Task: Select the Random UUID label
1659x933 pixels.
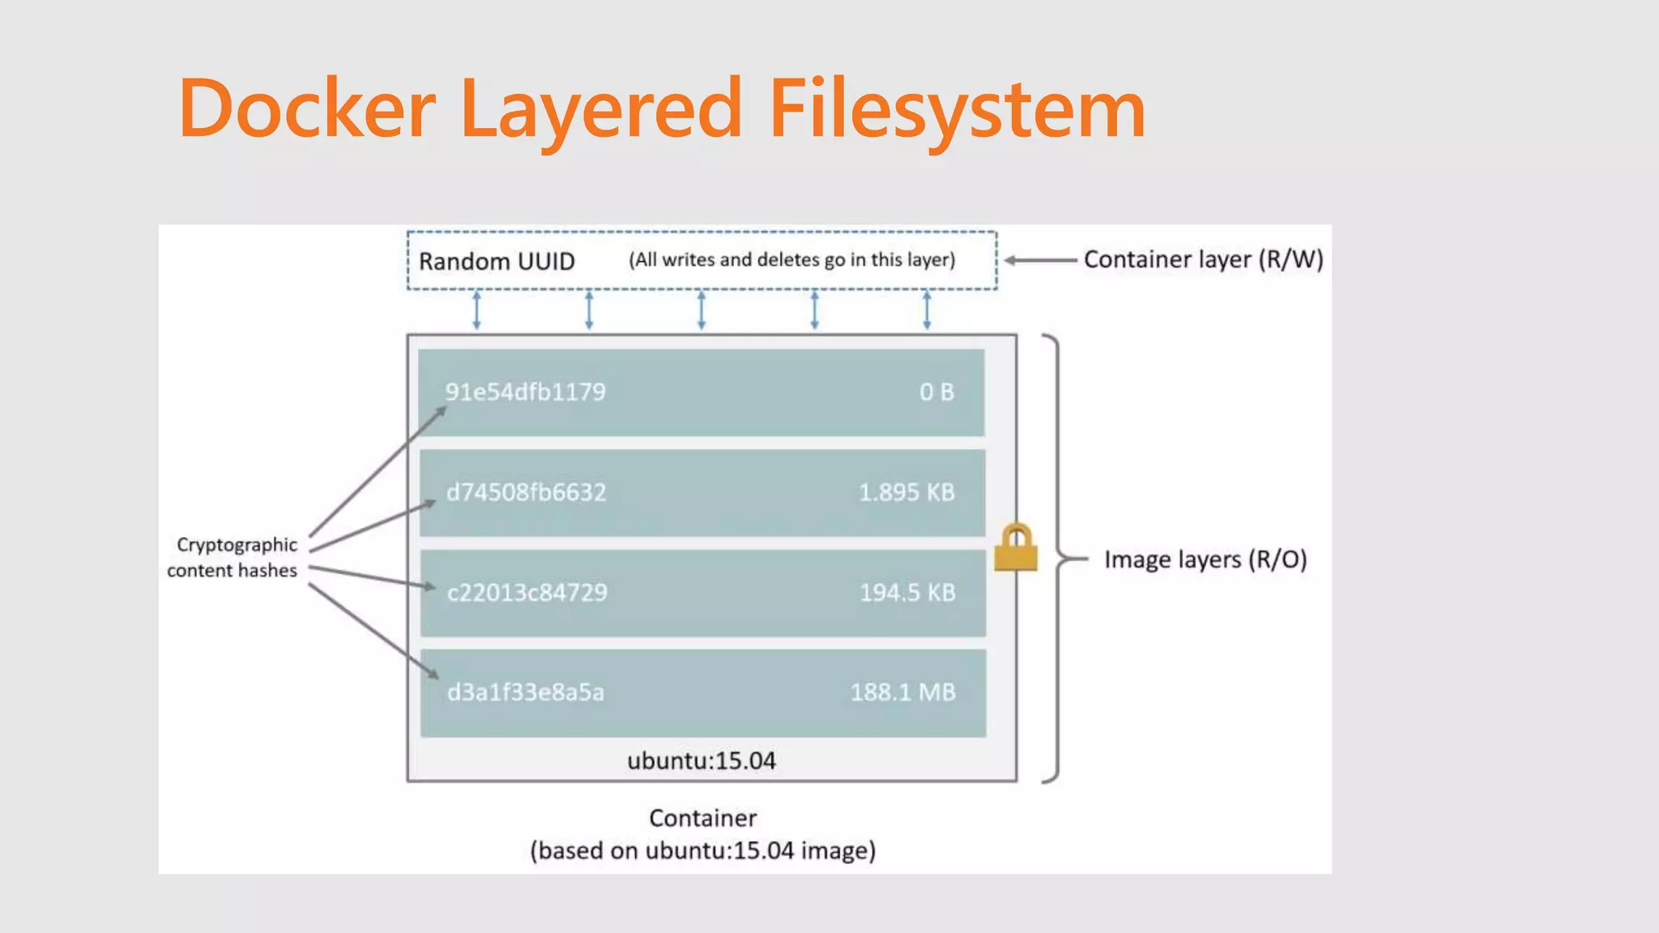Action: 497,262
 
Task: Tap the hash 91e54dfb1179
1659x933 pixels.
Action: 525,392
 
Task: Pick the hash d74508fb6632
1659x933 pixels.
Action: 526,492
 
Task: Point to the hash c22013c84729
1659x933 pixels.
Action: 527,593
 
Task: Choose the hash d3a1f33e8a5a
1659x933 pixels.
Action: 525,692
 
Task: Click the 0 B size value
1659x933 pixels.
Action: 936,392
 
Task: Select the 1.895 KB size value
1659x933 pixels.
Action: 906,492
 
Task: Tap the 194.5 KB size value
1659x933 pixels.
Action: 907,593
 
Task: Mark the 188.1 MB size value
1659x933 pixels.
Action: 902,692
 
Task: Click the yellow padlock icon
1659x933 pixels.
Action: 1016,547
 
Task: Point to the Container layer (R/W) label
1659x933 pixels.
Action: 1203,259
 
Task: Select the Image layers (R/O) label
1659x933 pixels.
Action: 1205,560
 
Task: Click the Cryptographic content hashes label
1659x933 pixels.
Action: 233,557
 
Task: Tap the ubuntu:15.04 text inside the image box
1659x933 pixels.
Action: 701,760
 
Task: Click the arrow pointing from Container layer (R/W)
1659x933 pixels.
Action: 1040,260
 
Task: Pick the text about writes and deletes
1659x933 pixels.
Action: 792,260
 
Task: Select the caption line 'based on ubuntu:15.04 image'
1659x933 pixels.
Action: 703,850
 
